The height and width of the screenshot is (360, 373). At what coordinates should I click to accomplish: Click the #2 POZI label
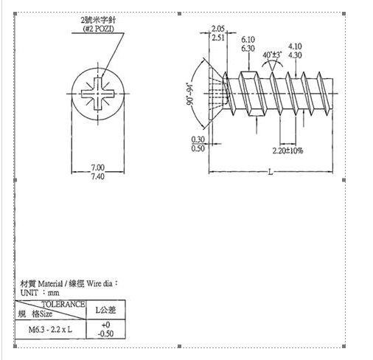coord(99,29)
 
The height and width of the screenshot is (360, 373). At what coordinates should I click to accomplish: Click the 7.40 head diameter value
coord(98,176)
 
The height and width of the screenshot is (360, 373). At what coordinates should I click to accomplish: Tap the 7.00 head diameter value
coord(98,167)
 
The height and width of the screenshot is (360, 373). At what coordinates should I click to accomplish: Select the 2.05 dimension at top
coord(218,29)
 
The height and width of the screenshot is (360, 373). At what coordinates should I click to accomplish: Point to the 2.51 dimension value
coord(218,38)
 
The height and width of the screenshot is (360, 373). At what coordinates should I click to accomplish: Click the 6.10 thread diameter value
coord(248,39)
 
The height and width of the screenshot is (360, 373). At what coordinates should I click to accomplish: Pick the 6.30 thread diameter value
coord(248,49)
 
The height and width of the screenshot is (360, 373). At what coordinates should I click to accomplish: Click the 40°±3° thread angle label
coord(272,55)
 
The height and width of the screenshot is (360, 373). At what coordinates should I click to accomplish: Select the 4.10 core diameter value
coord(295,46)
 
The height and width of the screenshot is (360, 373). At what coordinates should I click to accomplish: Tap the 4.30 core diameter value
coord(295,55)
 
